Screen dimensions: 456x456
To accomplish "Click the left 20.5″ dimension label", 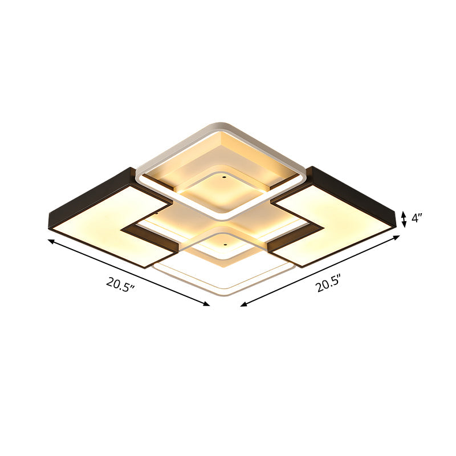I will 120,284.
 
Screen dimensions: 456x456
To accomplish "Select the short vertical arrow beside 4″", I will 404,219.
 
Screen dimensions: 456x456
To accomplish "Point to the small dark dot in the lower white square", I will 224,246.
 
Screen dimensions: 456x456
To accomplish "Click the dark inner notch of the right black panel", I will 296,235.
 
